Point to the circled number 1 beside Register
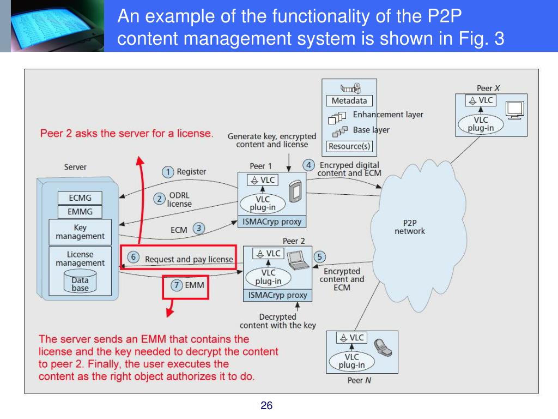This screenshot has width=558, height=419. coord(168,172)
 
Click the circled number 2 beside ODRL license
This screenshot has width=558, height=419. coord(160,199)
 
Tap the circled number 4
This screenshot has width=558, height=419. coord(309,165)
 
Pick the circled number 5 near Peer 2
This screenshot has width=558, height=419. coord(320,256)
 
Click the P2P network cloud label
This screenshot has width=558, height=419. coord(409,227)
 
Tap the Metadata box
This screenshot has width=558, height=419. coord(349,101)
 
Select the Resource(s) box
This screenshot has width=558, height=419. coord(349,146)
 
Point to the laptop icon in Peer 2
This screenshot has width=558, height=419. coord(297,260)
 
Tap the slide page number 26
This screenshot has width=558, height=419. coord(266,405)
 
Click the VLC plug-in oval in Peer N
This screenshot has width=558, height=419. coord(351,361)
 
